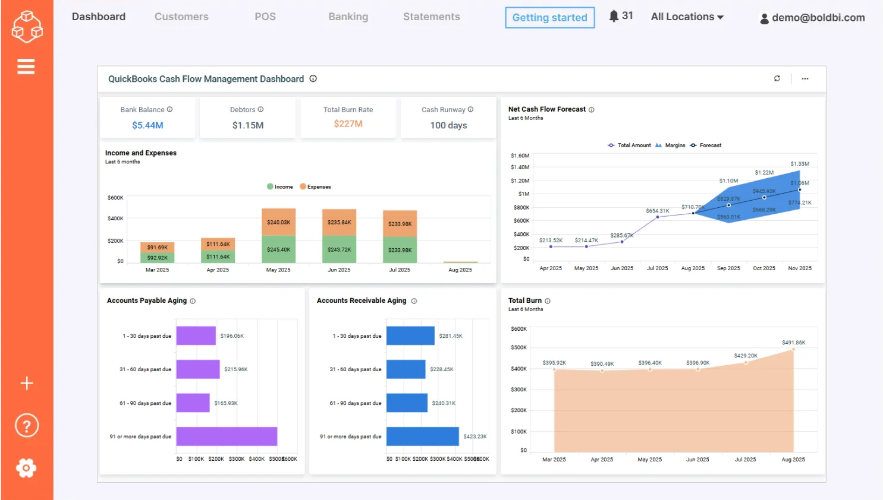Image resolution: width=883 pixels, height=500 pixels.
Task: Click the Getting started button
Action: [549, 18]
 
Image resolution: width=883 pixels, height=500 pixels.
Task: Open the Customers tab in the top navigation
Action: [181, 17]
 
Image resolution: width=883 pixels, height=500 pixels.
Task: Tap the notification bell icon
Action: [614, 16]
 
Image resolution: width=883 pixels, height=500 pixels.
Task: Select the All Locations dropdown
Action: [687, 17]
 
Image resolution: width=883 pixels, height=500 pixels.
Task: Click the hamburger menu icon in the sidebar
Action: [26, 67]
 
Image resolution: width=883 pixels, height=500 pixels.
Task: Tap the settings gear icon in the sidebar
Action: [26, 468]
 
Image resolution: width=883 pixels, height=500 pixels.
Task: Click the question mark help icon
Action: [26, 426]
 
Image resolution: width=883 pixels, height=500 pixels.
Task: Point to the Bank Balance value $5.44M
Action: [147, 125]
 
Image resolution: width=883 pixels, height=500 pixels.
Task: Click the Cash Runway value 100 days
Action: [448, 125]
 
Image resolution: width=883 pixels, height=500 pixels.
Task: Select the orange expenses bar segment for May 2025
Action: [278, 222]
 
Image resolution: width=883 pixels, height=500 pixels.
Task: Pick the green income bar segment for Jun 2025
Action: [339, 249]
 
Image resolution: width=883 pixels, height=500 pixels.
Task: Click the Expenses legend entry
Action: [315, 186]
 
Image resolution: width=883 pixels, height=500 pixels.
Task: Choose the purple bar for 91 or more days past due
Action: [227, 436]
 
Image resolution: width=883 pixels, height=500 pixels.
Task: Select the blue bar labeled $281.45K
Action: [410, 336]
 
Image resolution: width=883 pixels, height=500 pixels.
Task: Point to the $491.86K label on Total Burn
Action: [793, 343]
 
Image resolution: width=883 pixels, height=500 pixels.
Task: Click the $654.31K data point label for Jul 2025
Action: [657, 211]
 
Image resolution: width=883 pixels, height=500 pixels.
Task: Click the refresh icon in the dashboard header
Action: [777, 78]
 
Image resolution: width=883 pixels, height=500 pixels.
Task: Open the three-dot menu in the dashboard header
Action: [805, 78]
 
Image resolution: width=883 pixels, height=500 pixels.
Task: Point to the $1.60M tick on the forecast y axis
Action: [520, 156]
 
